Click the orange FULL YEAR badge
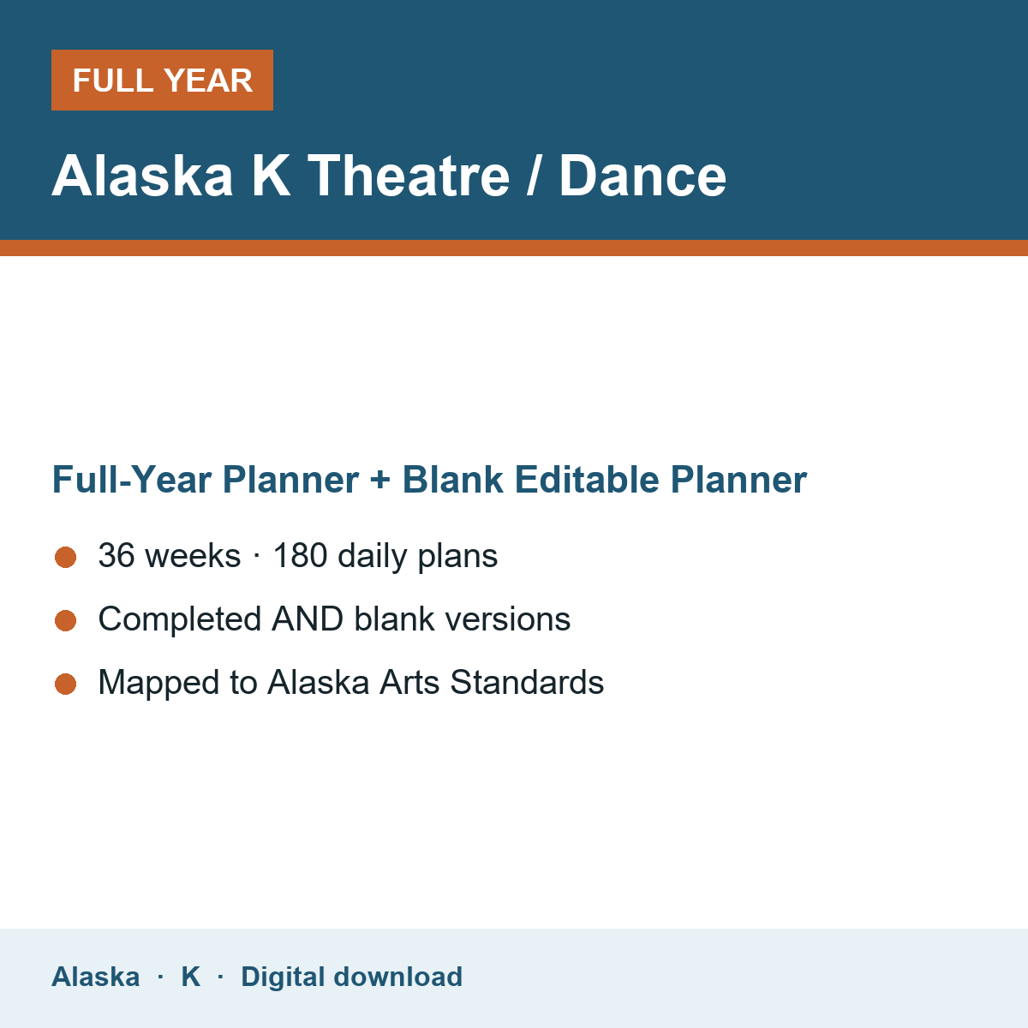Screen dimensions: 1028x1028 tap(162, 80)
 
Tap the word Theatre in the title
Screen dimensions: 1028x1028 tap(409, 176)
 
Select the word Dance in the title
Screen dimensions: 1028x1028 tap(642, 176)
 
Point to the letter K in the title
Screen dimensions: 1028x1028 tap(271, 176)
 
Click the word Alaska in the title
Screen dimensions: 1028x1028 tap(142, 176)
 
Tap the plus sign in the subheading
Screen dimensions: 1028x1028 tap(380, 480)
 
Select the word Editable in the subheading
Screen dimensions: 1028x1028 tap(587, 480)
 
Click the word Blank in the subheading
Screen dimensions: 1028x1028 tap(453, 480)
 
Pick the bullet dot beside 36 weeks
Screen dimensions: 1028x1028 tap(66, 558)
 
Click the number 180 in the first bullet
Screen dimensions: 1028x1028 tap(301, 555)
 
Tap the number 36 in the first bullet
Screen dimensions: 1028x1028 tap(117, 555)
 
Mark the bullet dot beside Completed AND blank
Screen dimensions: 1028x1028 tap(66, 620)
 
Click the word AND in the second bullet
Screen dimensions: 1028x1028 tap(308, 619)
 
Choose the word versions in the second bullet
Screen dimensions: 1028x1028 tap(508, 619)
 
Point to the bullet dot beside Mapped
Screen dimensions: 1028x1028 tap(66, 684)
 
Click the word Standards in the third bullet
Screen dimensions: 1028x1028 tap(527, 682)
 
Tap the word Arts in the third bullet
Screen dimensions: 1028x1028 tap(409, 682)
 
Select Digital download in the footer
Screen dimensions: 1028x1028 tap(351, 977)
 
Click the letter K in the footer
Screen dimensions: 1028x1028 tap(191, 977)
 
